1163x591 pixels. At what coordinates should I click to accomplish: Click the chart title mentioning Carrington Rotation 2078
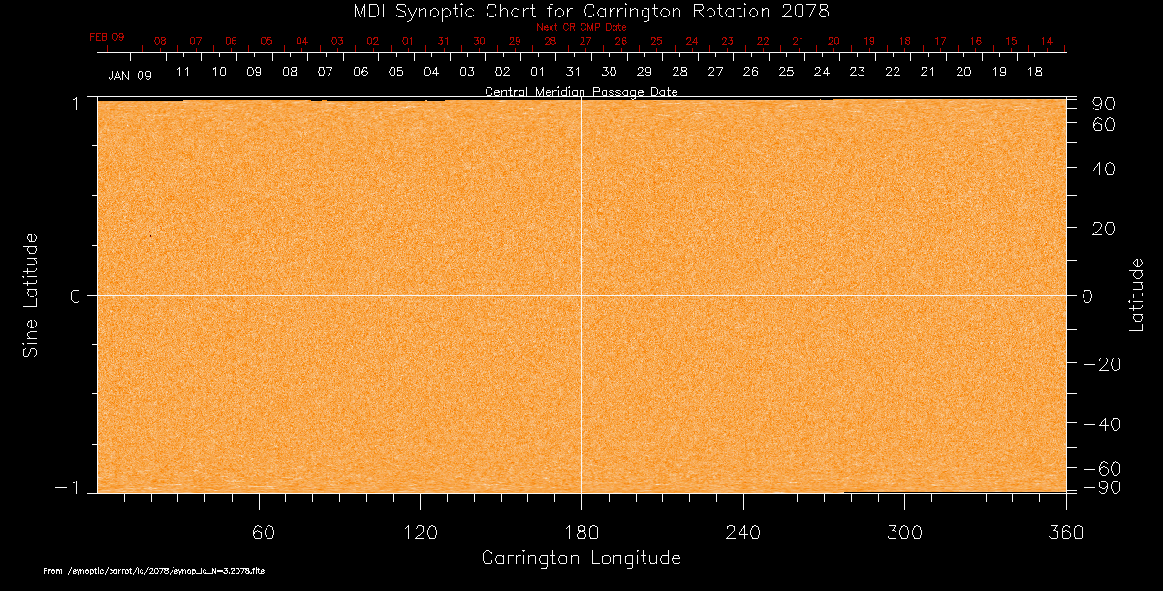point(581,11)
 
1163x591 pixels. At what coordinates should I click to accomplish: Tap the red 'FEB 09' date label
point(107,37)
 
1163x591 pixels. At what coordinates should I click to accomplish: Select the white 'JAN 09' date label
point(130,75)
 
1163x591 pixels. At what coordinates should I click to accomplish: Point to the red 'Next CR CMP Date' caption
point(581,28)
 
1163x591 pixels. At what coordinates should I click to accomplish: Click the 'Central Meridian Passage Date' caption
point(581,92)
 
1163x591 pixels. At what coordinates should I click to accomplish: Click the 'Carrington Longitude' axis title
point(581,558)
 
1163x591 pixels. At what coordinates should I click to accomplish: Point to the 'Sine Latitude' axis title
point(31,295)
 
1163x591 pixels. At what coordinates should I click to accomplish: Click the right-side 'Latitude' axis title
point(1136,295)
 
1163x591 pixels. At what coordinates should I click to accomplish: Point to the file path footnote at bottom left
point(154,572)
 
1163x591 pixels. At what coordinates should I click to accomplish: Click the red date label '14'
point(1047,41)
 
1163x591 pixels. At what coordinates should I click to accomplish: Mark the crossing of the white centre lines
point(581,295)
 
